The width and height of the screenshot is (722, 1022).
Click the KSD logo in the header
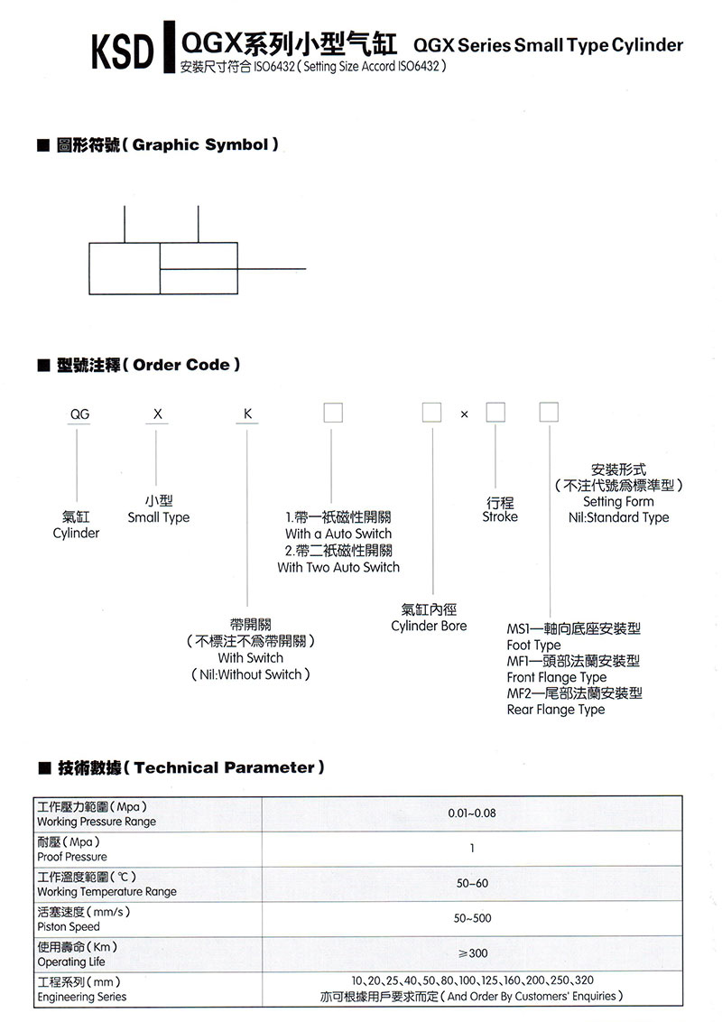(x=123, y=51)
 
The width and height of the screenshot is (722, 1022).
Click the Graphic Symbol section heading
(x=168, y=144)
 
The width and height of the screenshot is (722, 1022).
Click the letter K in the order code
(x=247, y=413)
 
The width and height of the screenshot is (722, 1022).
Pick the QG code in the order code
(x=79, y=413)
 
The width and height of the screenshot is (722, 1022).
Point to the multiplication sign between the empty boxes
(x=464, y=414)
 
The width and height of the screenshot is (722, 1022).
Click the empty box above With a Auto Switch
(x=333, y=413)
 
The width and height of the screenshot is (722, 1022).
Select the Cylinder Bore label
(x=429, y=626)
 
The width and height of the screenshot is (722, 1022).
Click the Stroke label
(x=500, y=516)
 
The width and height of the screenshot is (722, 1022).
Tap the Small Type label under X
(x=158, y=517)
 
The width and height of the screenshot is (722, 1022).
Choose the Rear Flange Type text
(x=556, y=710)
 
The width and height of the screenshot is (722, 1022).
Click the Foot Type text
(x=533, y=646)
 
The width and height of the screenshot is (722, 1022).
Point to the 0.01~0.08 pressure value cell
(x=472, y=813)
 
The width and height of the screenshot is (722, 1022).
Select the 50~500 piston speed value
(x=472, y=918)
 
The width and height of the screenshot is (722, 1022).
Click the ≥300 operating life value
(x=473, y=952)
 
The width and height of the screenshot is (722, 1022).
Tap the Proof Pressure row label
(x=71, y=857)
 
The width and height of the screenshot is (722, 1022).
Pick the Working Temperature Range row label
(x=106, y=892)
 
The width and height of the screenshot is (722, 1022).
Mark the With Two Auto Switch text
(x=338, y=567)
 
